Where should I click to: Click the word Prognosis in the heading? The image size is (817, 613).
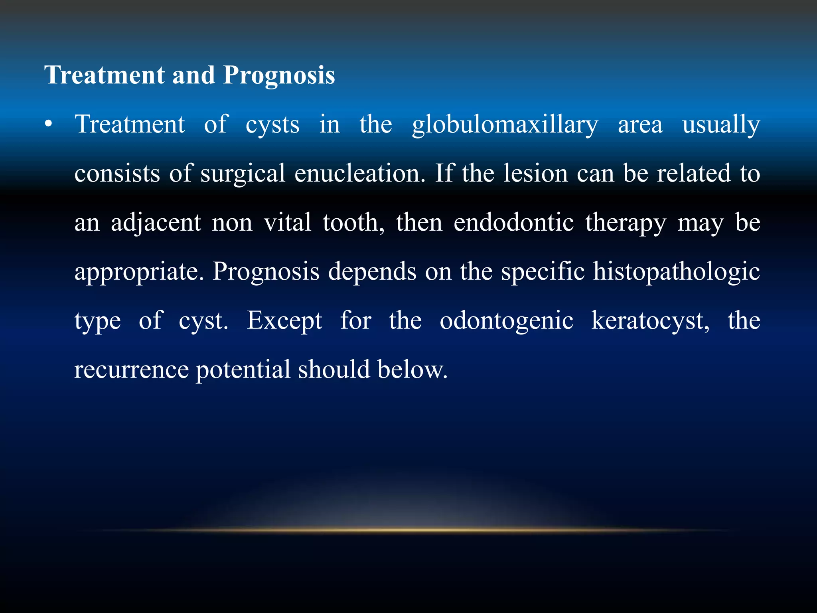(279, 75)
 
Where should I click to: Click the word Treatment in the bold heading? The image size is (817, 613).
(105, 75)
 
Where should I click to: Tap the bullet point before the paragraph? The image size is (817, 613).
(49, 124)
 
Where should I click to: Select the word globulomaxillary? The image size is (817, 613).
(505, 125)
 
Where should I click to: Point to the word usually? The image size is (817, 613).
(721, 125)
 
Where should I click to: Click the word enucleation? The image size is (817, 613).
(360, 174)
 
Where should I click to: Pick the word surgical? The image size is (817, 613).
(243, 174)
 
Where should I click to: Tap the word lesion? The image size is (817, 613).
(535, 174)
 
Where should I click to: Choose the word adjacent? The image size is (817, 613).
(156, 223)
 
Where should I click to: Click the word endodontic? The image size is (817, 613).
(514, 222)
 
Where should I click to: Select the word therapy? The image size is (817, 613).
(626, 223)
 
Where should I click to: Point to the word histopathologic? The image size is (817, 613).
(677, 272)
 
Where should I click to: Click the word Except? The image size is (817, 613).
(284, 321)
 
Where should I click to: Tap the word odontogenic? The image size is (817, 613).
(507, 321)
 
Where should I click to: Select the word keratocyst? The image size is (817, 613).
(650, 321)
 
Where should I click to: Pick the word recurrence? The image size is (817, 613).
(131, 370)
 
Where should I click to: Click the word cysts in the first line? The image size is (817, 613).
(272, 125)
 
